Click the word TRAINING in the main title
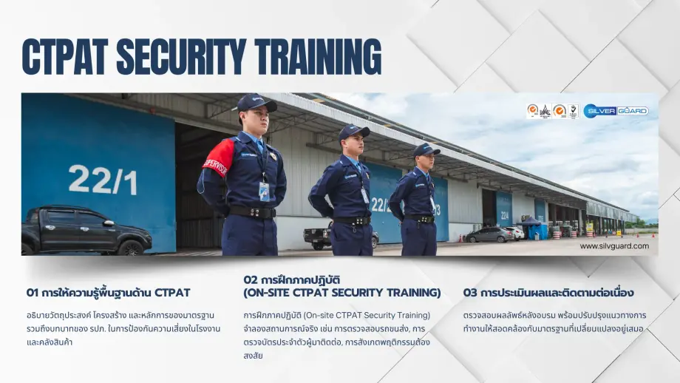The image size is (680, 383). point(319,57)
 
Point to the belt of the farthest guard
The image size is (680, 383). point(421,219)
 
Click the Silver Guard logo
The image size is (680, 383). point(615,111)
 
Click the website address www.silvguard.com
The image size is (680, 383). point(614,246)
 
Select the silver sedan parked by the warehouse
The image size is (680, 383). point(489,235)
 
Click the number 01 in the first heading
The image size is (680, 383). point(32,293)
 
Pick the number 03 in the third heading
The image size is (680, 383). point(470,293)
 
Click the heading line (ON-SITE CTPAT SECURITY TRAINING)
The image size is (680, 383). point(341,293)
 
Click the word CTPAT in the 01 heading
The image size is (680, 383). point(171,293)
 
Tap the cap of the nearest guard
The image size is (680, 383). point(256,103)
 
